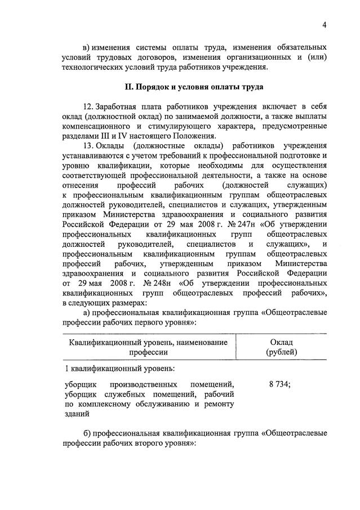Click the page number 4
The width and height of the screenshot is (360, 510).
tap(325, 24)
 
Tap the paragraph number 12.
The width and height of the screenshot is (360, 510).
tap(87, 107)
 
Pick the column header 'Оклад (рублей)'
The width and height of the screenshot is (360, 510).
tap(282, 347)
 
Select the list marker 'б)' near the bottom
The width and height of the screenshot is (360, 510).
tap(87, 433)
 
